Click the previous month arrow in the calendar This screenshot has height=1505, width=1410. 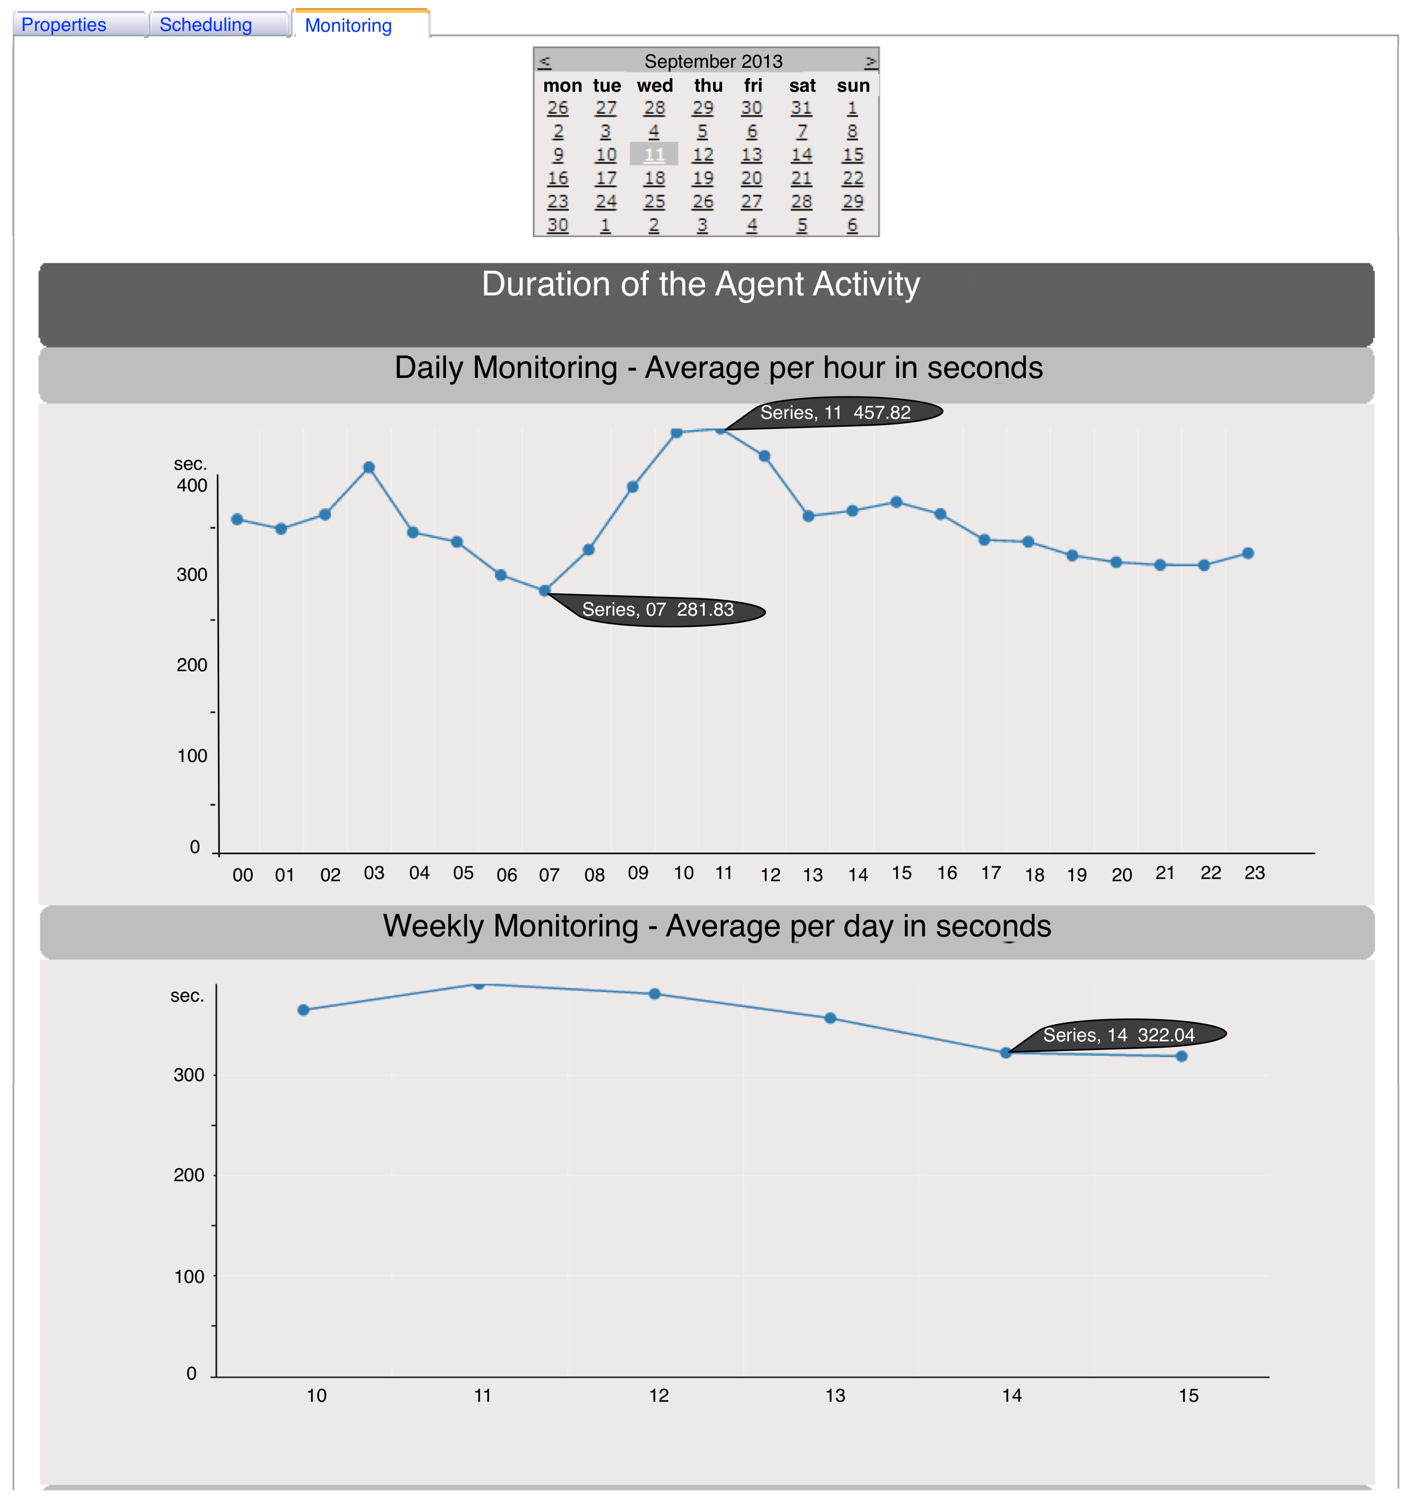(544, 61)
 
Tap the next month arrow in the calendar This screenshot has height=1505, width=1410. (870, 61)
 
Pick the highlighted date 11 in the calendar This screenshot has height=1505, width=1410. (654, 154)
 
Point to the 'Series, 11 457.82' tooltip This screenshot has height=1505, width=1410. (836, 413)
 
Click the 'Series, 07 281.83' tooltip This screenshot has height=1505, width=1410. (658, 610)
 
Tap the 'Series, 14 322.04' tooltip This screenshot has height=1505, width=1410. (1119, 1035)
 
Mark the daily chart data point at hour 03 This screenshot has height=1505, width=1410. (369, 467)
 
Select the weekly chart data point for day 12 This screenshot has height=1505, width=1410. (655, 994)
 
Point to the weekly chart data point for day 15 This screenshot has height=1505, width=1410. (1181, 1056)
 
